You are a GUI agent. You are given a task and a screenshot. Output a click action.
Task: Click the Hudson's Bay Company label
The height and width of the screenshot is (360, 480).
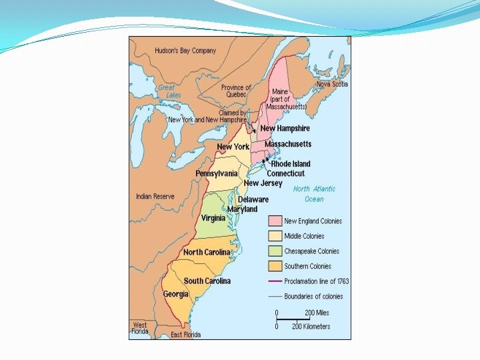click(x=185, y=51)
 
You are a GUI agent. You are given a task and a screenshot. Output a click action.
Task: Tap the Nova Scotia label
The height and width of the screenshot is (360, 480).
click(x=331, y=84)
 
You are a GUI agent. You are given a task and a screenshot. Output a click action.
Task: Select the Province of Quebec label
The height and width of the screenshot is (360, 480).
click(x=236, y=91)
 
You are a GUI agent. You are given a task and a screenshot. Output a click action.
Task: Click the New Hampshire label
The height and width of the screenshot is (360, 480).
click(x=285, y=129)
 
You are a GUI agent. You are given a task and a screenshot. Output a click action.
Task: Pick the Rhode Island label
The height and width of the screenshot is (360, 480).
click(x=290, y=164)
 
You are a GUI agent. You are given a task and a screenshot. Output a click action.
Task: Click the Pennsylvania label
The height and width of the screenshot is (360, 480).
click(x=216, y=173)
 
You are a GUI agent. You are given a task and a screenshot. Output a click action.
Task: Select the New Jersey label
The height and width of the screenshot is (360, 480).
click(x=263, y=183)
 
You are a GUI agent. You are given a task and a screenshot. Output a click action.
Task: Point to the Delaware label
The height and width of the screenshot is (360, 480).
click(x=253, y=199)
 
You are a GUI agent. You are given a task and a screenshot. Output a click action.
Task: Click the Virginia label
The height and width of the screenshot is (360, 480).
click(x=213, y=218)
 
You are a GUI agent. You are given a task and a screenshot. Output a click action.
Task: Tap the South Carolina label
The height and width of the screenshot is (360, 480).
click(x=207, y=281)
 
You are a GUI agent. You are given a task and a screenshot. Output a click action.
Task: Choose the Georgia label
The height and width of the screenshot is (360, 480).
click(x=175, y=294)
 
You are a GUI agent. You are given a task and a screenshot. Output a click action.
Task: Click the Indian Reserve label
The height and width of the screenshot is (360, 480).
click(x=155, y=197)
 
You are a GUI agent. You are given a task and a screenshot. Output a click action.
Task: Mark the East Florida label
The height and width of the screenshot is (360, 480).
click(x=185, y=334)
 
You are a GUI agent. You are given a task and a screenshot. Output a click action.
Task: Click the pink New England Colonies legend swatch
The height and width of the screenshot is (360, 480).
click(x=274, y=221)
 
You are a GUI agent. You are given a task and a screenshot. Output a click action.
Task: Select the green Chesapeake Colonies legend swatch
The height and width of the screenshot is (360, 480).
click(x=274, y=251)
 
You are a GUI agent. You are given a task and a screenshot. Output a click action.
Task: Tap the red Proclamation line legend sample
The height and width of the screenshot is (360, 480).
click(x=274, y=281)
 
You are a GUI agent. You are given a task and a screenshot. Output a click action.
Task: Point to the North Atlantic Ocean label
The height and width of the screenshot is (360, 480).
click(x=315, y=194)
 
